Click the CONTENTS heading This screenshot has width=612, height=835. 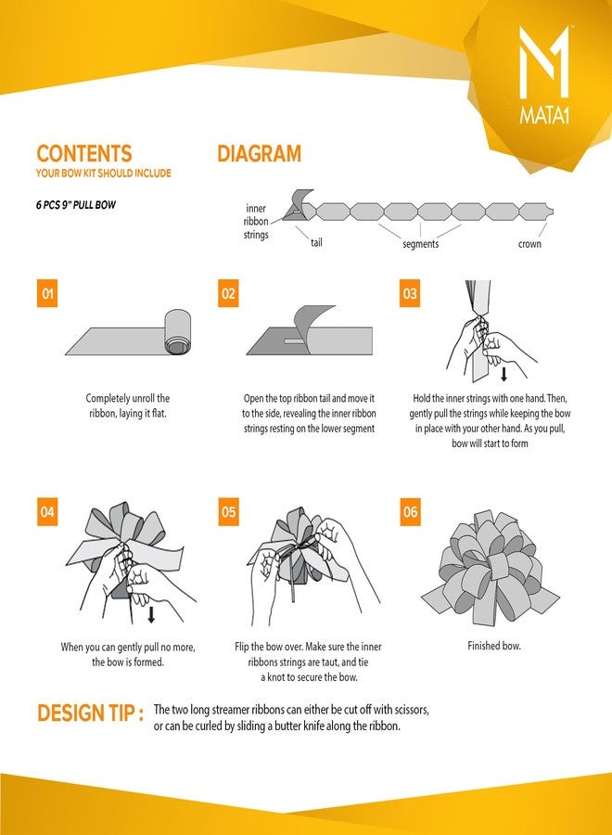(x=84, y=153)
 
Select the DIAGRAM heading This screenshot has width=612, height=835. (x=259, y=153)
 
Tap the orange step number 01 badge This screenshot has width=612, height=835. (x=47, y=293)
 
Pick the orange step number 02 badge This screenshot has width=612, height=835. (x=228, y=293)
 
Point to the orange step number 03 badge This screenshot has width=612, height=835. (x=410, y=293)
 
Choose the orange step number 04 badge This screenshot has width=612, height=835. (x=47, y=512)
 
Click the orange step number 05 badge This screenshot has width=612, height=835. (x=228, y=512)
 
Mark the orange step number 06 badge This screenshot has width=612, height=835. (x=410, y=512)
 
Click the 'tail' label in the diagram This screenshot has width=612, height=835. (x=316, y=243)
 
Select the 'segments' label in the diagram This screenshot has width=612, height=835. (x=420, y=244)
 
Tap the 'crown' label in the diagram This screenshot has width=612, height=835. (x=529, y=244)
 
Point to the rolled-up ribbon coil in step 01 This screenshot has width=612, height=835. (x=177, y=331)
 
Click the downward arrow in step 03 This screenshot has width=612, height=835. (x=504, y=374)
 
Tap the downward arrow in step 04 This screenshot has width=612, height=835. (x=151, y=614)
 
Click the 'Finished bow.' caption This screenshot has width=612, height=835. (x=494, y=646)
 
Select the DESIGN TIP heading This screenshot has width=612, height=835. (x=90, y=713)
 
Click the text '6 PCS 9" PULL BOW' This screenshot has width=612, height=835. (x=75, y=205)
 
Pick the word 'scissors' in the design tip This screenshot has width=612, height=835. (x=412, y=710)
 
